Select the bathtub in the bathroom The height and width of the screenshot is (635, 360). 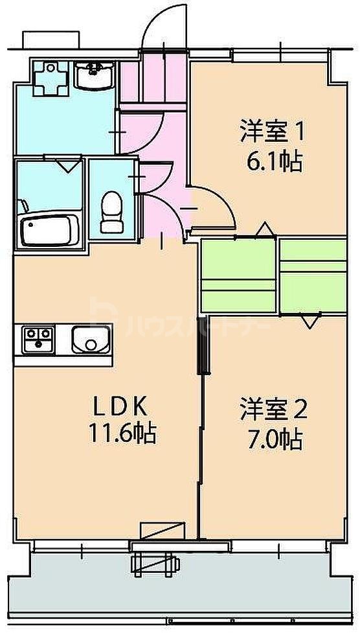click(49, 229)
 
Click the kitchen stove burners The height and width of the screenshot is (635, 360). click(38, 340)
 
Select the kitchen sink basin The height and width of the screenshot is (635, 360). click(91, 339)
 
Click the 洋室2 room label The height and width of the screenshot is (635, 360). click(273, 410)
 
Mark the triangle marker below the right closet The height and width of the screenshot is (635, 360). click(309, 319)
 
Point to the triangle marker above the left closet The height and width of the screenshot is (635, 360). click(264, 230)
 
